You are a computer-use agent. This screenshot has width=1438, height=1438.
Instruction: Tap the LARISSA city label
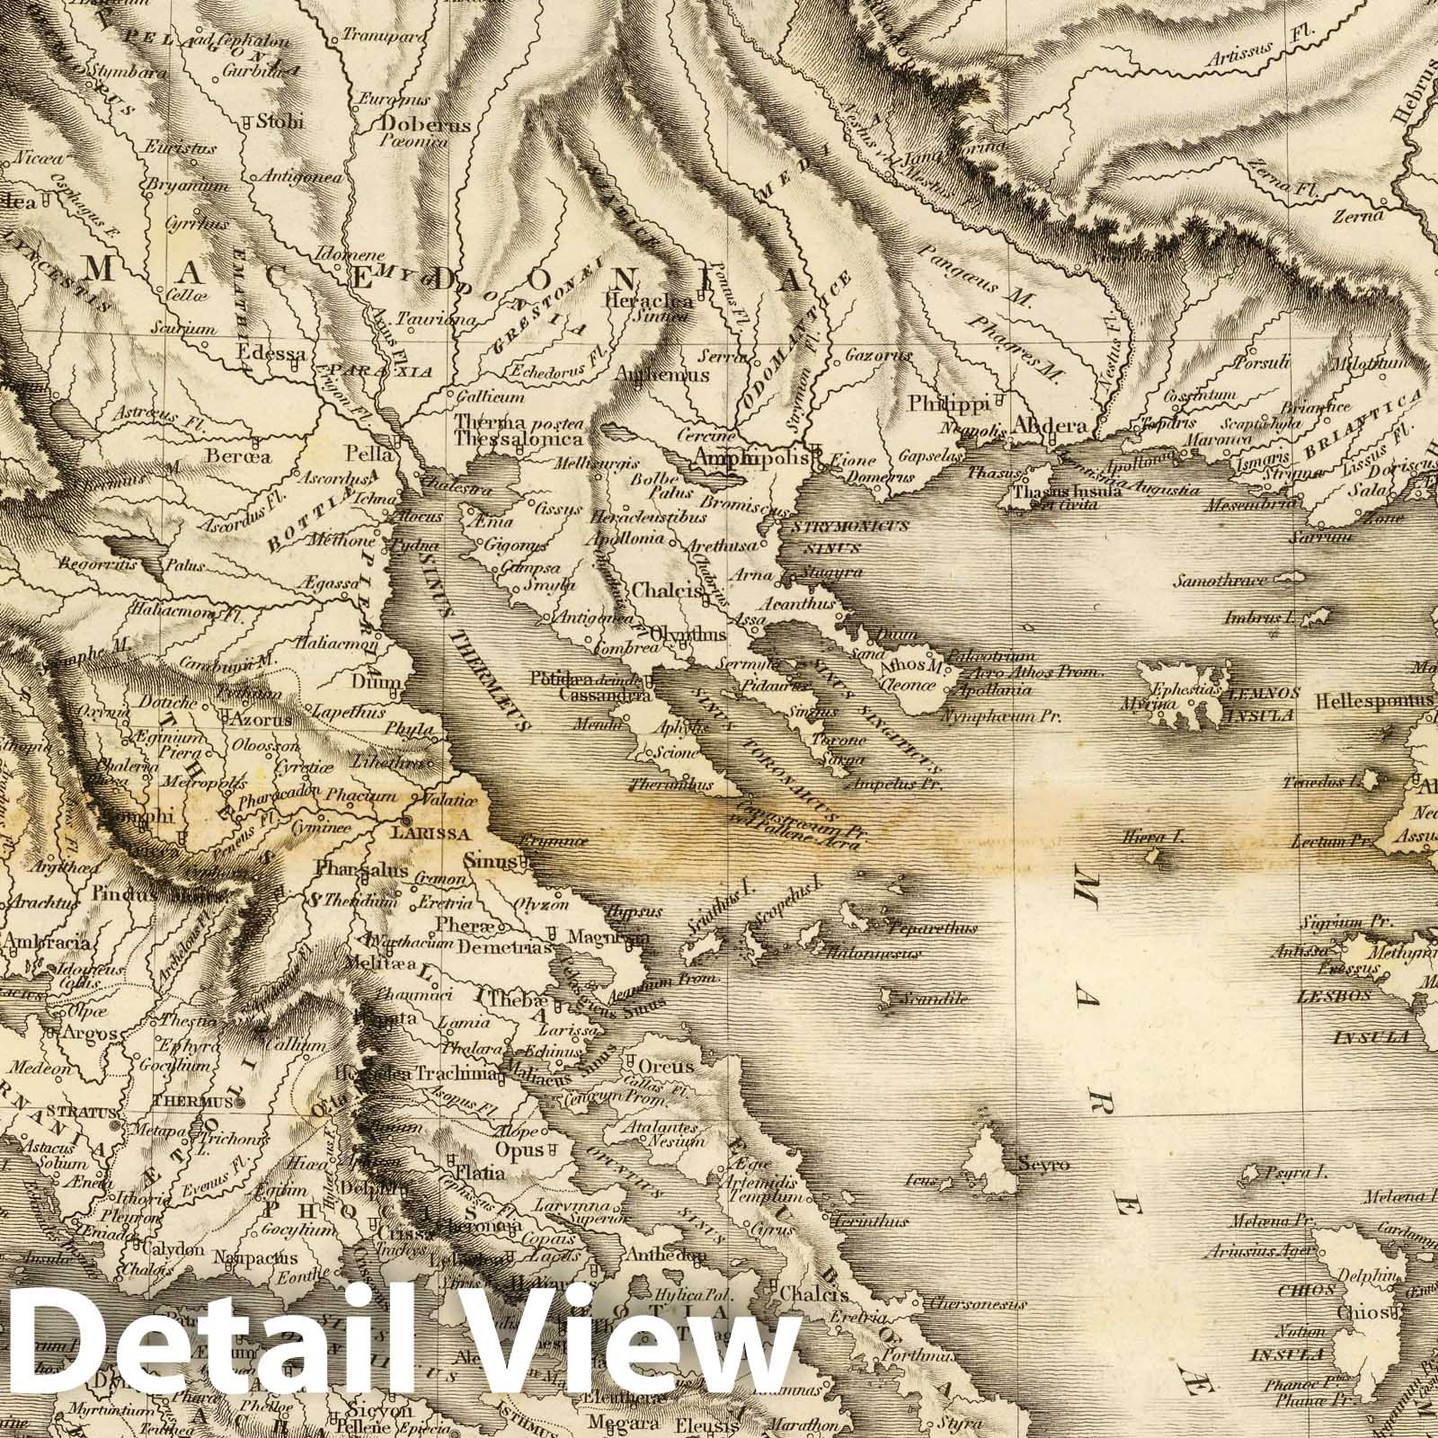point(440,833)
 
